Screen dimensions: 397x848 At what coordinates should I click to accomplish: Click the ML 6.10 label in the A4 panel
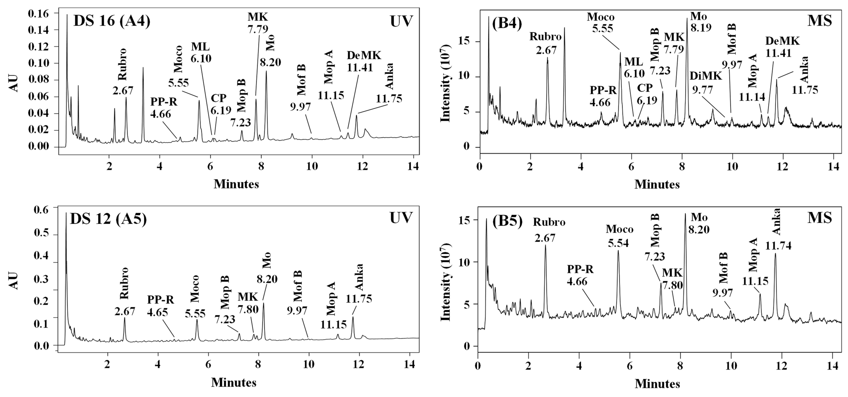coord(201,53)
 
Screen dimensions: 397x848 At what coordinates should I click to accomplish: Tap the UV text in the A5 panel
coord(401,218)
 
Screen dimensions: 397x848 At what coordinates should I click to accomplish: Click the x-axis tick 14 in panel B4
coord(834,163)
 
